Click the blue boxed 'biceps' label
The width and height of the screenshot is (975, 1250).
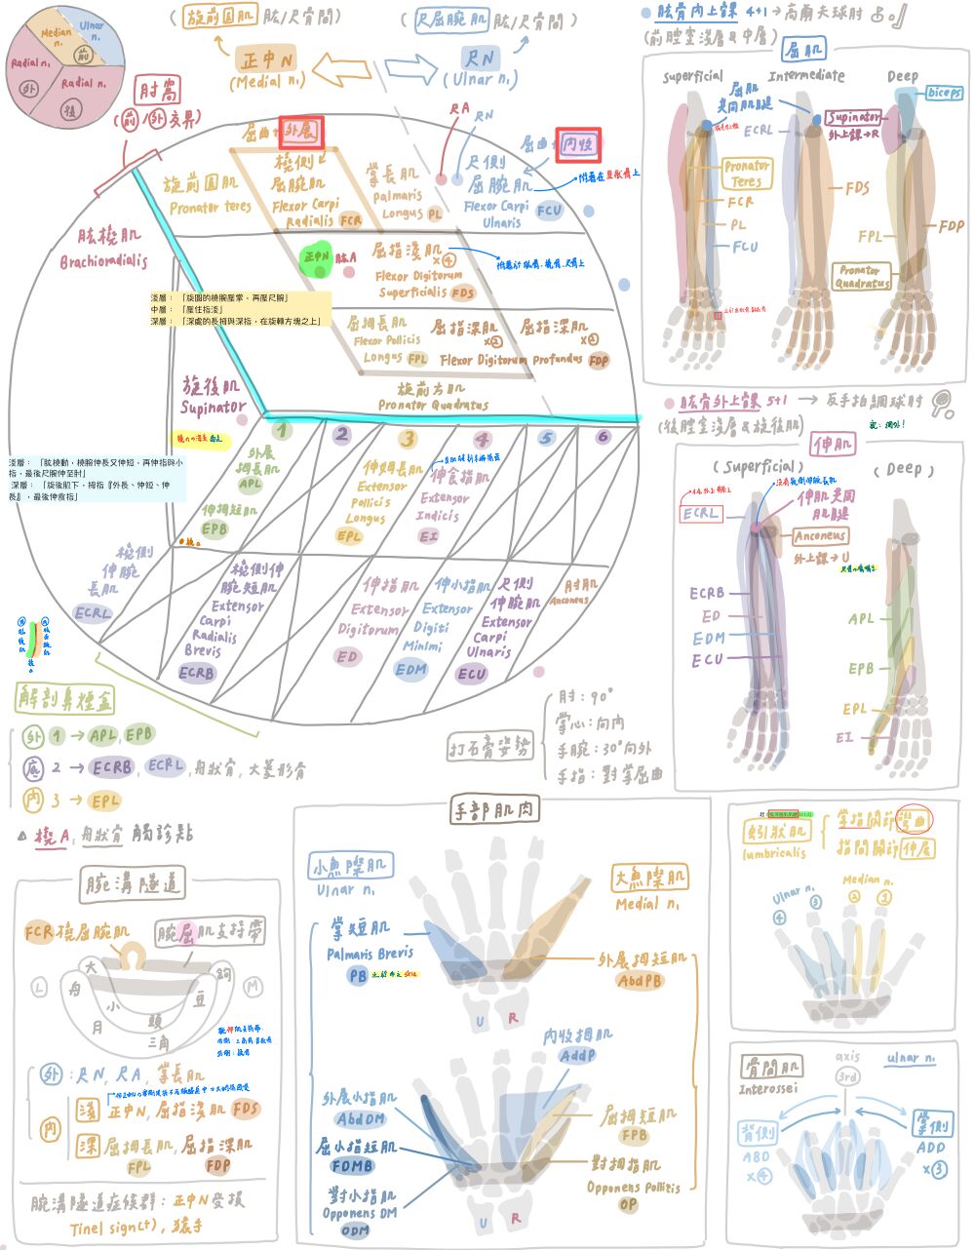943,93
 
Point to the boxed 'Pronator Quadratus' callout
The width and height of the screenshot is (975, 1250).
862,277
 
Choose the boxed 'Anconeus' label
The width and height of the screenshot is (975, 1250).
820,536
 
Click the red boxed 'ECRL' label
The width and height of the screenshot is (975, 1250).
701,514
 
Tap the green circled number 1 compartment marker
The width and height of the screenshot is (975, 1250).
281,431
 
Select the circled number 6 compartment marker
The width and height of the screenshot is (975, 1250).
603,437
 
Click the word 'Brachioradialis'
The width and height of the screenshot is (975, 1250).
103,261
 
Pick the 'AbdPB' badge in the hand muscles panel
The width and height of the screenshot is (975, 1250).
639,981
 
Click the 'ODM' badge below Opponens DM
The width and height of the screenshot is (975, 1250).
355,1230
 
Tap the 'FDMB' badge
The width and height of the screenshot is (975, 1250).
352,1165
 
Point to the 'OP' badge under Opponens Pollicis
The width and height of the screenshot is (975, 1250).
628,1205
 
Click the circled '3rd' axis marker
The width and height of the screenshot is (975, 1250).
848,1076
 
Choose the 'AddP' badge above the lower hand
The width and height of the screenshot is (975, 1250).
577,1055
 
